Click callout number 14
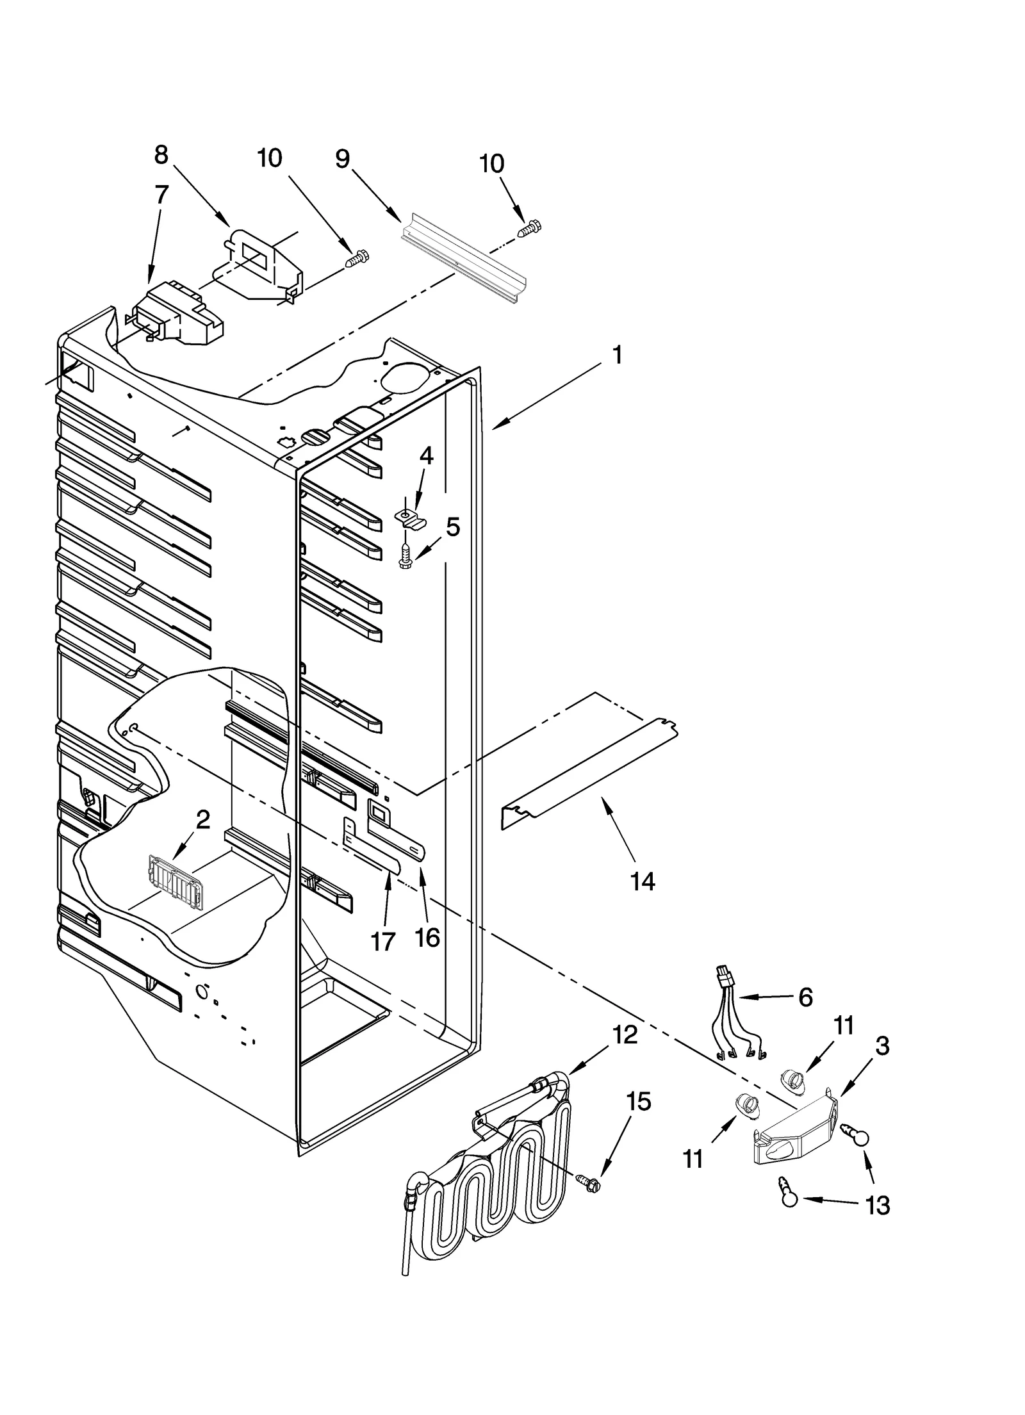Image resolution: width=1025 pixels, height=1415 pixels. (x=642, y=881)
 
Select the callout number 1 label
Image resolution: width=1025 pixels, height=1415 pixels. (x=616, y=354)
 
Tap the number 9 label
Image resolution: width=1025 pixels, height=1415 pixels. (x=343, y=158)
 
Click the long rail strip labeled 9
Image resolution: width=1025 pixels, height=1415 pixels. (x=463, y=260)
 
